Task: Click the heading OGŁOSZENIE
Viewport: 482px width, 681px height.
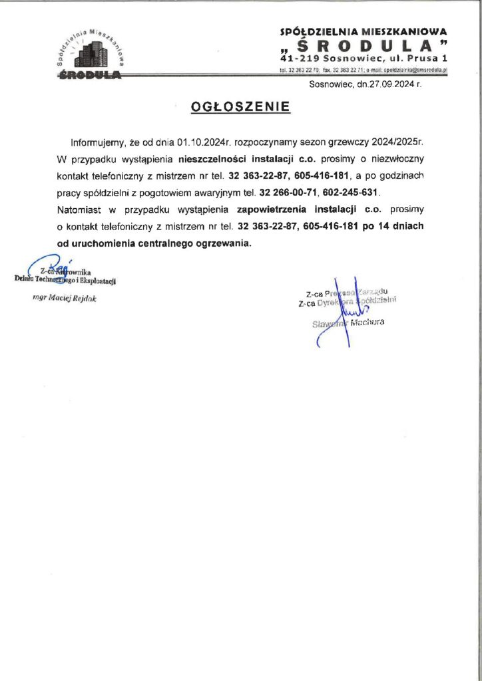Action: [240, 107]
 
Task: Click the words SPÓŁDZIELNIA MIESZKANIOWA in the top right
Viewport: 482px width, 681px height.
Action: [364, 31]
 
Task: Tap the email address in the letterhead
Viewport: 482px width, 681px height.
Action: [408, 69]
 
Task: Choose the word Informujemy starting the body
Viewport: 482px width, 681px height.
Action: [97, 143]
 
